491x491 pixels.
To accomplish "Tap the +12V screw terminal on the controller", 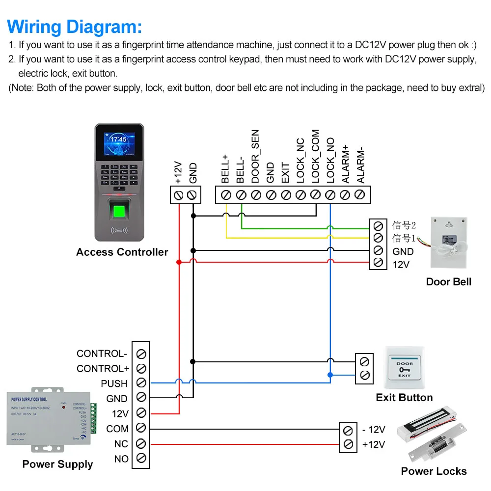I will pos(179,195).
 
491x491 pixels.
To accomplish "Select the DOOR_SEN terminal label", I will pos(255,157).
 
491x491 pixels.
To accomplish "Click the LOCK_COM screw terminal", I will pos(315,195).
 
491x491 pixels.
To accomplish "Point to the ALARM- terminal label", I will pos(360,164).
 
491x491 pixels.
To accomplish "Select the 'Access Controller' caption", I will pos(122,252).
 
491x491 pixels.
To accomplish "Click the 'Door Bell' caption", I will pos(448,282).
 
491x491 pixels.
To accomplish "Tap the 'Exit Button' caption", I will pos(404,398).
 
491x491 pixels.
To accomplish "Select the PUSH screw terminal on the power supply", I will pos(141,383).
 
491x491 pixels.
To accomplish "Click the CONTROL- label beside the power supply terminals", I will pos(102,354).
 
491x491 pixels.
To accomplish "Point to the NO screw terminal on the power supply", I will pos(141,459).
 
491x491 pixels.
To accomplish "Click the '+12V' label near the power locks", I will pos(373,445).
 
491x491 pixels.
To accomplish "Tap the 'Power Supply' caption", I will pos(57,464).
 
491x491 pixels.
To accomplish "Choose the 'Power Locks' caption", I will pos(434,471).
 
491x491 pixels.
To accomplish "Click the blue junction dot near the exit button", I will pos(330,375).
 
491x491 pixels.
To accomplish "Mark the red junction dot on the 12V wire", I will pos(179,262).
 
